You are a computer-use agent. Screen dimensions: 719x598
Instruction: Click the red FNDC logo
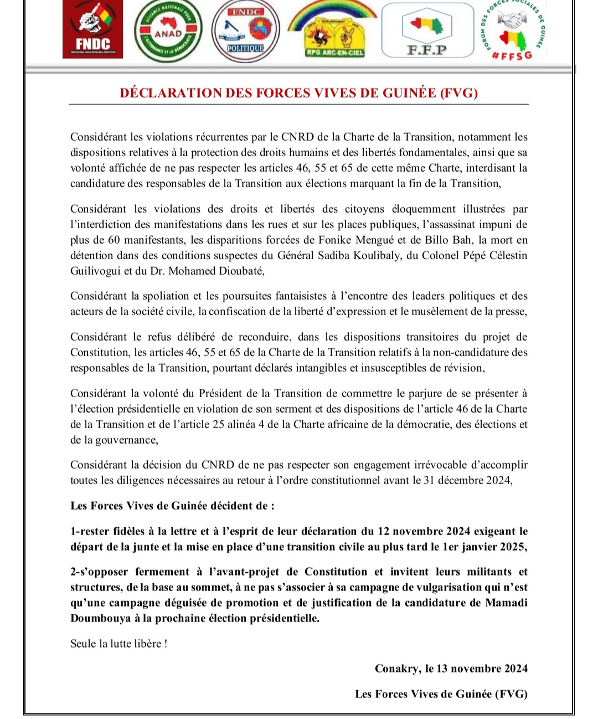coord(92,30)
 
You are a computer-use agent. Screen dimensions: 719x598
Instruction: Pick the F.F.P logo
coord(427,31)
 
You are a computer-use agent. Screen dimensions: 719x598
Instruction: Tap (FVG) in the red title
coord(458,93)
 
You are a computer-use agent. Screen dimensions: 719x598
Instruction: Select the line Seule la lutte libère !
coord(118,644)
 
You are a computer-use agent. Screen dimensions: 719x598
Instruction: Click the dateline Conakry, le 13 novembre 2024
coord(451,669)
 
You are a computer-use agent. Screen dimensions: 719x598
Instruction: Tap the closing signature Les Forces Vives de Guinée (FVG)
coord(441,694)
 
